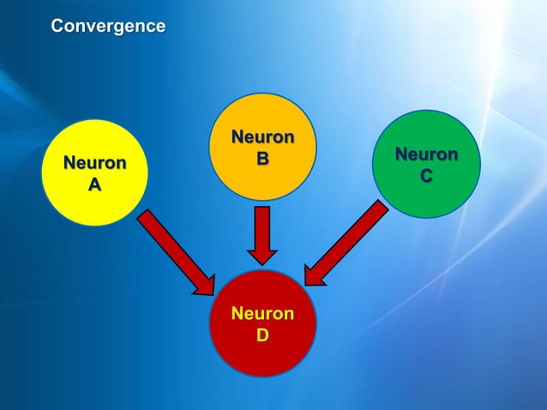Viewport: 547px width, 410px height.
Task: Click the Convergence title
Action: tap(108, 27)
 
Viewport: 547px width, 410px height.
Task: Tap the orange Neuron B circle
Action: tap(262, 146)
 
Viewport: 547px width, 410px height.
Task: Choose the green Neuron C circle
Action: tap(426, 164)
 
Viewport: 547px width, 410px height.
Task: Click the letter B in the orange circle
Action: tap(262, 159)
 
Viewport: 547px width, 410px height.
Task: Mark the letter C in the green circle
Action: tap(426, 176)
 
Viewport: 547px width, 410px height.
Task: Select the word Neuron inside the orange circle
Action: tap(262, 137)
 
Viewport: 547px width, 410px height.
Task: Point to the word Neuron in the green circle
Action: tap(426, 155)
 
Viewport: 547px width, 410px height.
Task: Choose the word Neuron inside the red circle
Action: tap(262, 313)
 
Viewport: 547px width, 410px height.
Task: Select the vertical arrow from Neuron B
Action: tap(262, 232)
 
